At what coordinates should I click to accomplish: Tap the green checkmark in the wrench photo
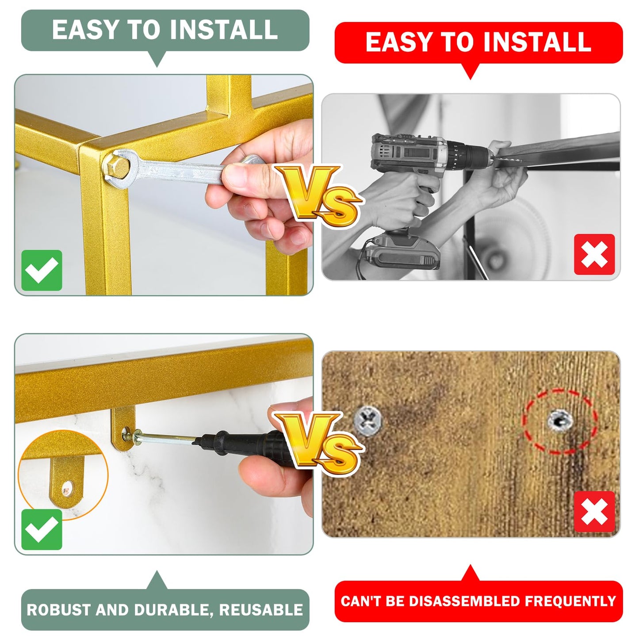[x=42, y=270]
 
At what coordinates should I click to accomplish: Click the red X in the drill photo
[x=594, y=254]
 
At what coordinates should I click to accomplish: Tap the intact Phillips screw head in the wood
[x=368, y=421]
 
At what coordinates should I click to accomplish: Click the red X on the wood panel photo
[x=594, y=512]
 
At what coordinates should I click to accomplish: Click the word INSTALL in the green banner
[x=223, y=30]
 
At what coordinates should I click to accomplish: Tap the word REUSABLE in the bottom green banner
[x=261, y=610]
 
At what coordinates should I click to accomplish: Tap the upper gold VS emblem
[x=319, y=195]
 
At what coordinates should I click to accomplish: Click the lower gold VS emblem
[x=319, y=443]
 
